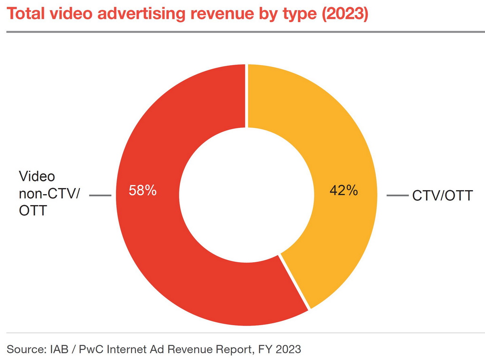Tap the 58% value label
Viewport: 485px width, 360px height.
(142, 190)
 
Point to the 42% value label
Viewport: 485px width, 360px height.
(344, 190)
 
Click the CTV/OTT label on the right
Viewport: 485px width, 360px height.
(442, 196)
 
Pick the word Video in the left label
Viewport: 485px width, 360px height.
(37, 177)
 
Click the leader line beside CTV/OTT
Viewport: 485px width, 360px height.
(397, 196)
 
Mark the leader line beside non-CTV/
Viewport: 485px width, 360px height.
(100, 196)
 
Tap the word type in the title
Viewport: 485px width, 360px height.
(297, 15)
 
